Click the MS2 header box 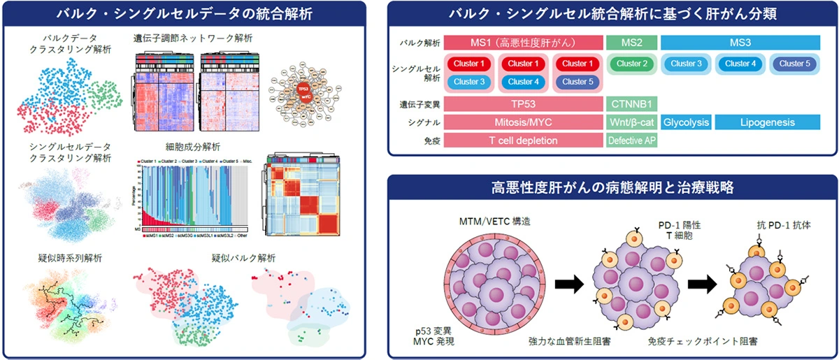[x=631, y=43]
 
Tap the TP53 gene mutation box [x=523, y=105]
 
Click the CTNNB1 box [x=631, y=105]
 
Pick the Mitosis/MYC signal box [x=523, y=123]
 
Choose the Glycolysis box [x=687, y=123]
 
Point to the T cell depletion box [x=523, y=141]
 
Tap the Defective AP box [x=631, y=141]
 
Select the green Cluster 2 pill [x=631, y=64]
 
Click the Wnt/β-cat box [x=631, y=123]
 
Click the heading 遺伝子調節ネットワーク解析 [x=194, y=38]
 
